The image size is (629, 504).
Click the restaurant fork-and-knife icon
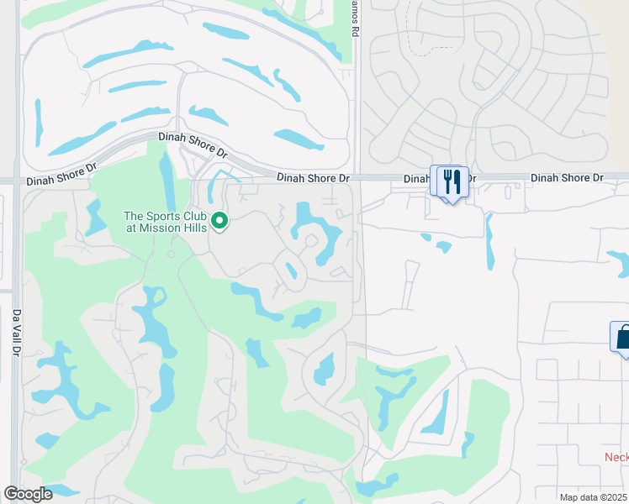(x=452, y=181)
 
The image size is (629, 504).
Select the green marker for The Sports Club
(x=219, y=221)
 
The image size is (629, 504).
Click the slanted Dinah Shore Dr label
(x=193, y=144)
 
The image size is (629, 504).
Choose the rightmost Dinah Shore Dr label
(x=567, y=177)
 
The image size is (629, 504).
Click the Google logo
(x=28, y=494)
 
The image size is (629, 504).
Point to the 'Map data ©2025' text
(x=594, y=497)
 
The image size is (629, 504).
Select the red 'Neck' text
(x=616, y=457)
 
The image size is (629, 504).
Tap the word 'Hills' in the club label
(x=193, y=228)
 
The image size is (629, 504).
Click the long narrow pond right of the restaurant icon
(x=489, y=241)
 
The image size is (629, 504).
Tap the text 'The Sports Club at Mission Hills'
(x=166, y=222)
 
